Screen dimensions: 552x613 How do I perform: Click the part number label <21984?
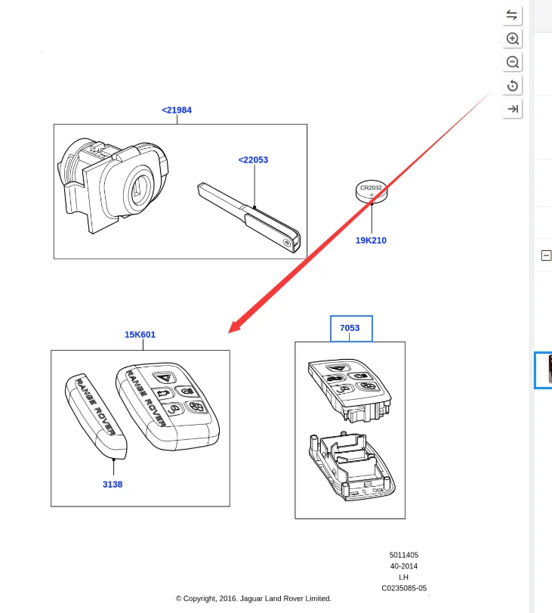click(177, 110)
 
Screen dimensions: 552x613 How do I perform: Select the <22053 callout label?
click(253, 160)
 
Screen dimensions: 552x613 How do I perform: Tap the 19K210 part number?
click(371, 240)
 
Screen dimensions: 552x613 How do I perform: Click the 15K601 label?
click(140, 335)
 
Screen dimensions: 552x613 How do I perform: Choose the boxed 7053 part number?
click(350, 328)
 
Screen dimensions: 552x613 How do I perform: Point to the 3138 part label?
click(113, 485)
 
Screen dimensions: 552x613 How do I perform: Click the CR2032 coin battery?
click(372, 191)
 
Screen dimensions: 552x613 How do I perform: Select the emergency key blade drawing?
click(249, 218)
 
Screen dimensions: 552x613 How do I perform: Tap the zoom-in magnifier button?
click(512, 39)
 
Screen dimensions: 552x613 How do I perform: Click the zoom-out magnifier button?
click(512, 62)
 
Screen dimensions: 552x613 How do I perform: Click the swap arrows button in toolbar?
click(512, 15)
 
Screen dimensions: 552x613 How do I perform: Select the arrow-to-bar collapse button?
click(512, 109)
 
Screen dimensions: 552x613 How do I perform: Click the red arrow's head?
click(234, 327)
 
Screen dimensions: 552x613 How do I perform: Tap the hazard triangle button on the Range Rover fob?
click(165, 378)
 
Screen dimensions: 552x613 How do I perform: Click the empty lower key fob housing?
click(352, 467)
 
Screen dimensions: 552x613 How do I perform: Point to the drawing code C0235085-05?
click(404, 588)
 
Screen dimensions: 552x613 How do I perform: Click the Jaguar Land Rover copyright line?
click(254, 599)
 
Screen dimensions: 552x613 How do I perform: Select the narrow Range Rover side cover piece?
click(96, 416)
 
